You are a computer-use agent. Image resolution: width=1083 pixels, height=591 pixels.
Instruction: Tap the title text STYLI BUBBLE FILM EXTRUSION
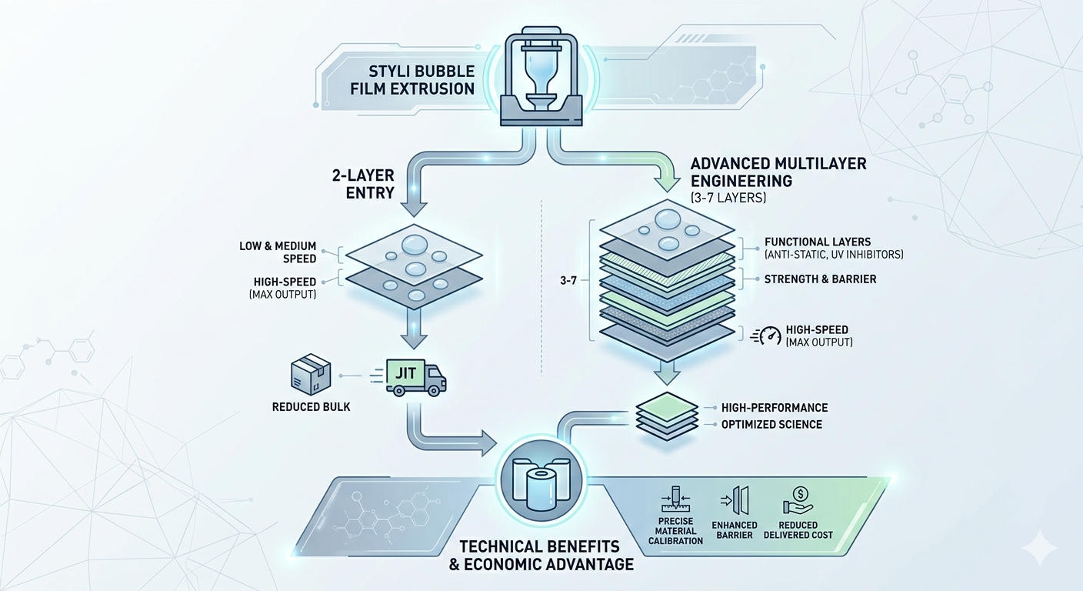click(x=412, y=80)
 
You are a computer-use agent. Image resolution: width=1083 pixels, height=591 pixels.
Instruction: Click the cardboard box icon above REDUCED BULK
click(x=311, y=376)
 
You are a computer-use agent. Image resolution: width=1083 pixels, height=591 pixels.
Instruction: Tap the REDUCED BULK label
click(x=311, y=406)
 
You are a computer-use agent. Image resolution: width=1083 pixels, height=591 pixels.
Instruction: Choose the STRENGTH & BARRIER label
click(x=820, y=279)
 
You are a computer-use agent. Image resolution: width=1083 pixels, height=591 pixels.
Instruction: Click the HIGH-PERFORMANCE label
click(x=775, y=407)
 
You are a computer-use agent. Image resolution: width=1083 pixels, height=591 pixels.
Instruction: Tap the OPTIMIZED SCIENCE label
click(x=771, y=424)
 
